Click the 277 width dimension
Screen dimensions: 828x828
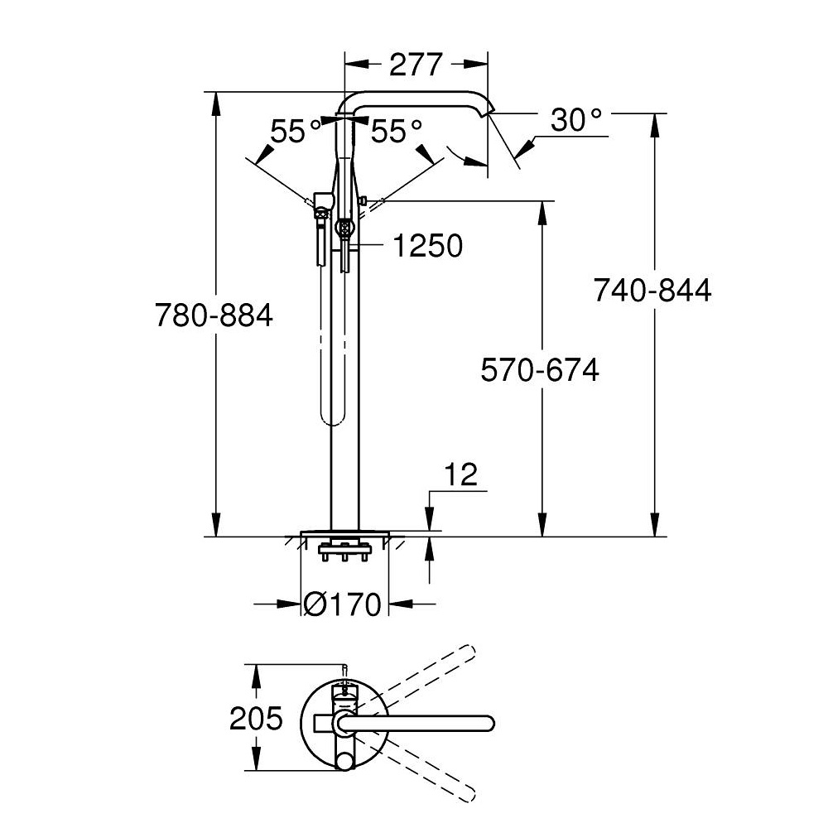point(415,65)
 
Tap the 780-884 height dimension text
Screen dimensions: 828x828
point(214,315)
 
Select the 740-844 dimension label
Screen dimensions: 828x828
point(652,290)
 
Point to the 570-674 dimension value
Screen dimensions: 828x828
point(540,369)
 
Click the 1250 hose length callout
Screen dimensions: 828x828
point(428,246)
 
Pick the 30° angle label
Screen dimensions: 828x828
point(576,120)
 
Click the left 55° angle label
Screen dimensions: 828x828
point(296,131)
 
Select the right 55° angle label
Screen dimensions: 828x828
point(397,131)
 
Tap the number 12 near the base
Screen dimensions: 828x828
point(461,474)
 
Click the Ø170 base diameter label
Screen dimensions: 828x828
point(342,604)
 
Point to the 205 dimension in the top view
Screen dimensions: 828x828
point(256,718)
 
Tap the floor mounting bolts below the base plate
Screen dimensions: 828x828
point(344,551)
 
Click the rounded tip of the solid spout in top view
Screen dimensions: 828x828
point(489,723)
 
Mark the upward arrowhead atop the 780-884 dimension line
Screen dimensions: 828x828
point(215,103)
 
